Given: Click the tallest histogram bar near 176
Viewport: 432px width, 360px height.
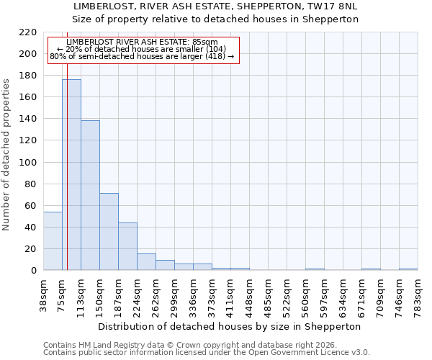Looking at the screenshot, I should (x=71, y=175).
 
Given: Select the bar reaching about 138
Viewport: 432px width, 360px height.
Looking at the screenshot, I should (x=90, y=195).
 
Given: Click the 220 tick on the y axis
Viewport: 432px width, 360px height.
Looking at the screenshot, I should (x=28, y=32).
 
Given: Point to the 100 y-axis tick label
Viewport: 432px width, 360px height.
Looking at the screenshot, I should (x=28, y=163).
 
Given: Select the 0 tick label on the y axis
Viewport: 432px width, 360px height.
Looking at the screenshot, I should (x=33, y=271).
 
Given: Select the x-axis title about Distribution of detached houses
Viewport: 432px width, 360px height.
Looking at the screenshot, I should (x=229, y=326).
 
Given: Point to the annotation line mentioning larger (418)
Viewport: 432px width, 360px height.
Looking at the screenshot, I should (x=142, y=56).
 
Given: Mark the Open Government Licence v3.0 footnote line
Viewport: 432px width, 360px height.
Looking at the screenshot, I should (x=206, y=352).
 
